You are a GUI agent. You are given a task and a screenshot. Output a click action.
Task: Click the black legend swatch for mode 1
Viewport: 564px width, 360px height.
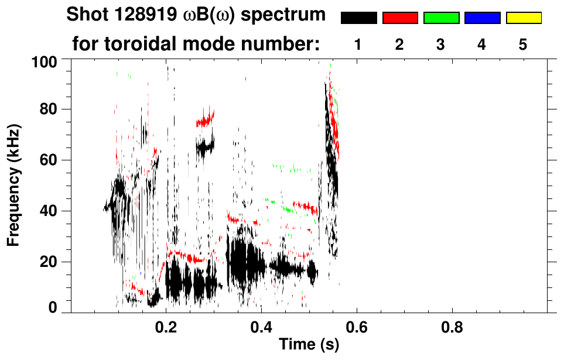click(358, 18)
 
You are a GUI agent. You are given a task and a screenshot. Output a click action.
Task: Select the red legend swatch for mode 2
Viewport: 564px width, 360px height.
click(400, 18)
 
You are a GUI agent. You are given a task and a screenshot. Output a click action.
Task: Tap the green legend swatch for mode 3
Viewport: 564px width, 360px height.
click(441, 18)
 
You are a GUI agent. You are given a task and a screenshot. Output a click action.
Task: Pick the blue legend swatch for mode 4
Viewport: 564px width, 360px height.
click(482, 18)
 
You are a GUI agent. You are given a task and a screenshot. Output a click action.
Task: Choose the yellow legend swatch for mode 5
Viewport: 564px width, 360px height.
click(524, 18)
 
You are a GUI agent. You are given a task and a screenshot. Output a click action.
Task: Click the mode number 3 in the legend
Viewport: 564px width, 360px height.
click(441, 44)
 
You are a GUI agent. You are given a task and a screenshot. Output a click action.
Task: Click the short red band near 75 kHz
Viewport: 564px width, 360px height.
click(205, 121)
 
